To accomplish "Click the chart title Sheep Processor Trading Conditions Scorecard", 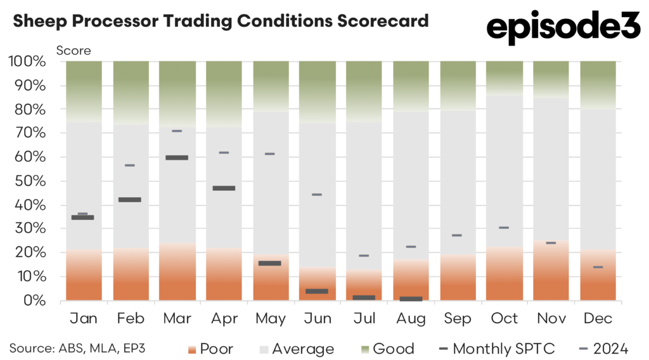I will coord(221,22).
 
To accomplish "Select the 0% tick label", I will coord(35,300).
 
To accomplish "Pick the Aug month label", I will coord(410,318).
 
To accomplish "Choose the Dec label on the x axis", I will coord(597,318).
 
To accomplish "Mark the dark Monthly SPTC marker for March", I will coord(177,158).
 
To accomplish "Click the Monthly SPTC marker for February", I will coord(130,200).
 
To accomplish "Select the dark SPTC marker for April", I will coord(224,188).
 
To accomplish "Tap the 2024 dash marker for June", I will coord(317,195).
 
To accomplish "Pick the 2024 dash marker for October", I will coord(504,228).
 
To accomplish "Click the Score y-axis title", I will coord(74,50).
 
